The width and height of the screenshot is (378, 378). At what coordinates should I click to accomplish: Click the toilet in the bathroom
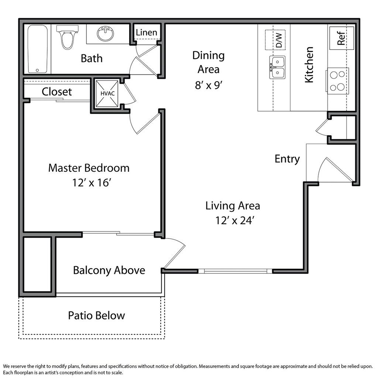[x=67, y=37]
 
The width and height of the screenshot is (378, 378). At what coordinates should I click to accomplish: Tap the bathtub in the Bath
[x=37, y=49]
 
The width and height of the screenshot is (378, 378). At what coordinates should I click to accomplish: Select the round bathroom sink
[x=106, y=34]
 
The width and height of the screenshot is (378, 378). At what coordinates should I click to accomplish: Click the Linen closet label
[x=146, y=32]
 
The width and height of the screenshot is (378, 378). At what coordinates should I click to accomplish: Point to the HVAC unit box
[x=107, y=93]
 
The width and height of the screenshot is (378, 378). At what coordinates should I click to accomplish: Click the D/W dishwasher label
[x=279, y=40]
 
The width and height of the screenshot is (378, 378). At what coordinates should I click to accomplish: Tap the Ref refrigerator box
[x=341, y=38]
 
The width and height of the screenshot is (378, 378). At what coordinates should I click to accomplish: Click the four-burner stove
[x=337, y=81]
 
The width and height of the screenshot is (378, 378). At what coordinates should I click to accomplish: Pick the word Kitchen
[x=309, y=65]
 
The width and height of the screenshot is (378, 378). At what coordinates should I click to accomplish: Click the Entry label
[x=287, y=159]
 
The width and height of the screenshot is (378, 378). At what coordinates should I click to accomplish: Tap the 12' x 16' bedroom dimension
[x=92, y=182]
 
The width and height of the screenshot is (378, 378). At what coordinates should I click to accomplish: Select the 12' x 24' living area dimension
[x=234, y=220]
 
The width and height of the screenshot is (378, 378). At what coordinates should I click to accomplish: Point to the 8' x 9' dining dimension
[x=209, y=85]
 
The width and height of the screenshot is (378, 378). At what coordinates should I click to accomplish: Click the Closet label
[x=56, y=92]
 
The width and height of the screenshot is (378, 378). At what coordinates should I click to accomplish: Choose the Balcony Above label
[x=109, y=270]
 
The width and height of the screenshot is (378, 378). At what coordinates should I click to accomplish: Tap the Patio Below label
[x=96, y=315]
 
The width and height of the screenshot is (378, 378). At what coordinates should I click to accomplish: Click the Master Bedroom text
[x=89, y=168]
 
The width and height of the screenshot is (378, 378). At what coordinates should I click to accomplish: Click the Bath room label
[x=92, y=58]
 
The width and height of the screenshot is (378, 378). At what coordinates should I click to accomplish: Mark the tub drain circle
[x=37, y=71]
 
